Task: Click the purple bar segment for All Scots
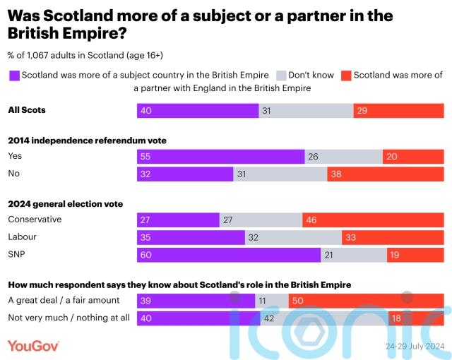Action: (x=197, y=110)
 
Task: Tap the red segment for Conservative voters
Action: (x=373, y=220)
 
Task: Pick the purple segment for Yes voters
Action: (x=220, y=157)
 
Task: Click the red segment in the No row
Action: (x=385, y=174)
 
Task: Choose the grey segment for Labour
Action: (x=293, y=237)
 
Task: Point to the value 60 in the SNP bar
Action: (x=146, y=254)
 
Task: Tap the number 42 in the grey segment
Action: (x=269, y=318)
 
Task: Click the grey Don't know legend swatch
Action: (x=280, y=76)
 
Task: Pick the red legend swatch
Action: (x=345, y=76)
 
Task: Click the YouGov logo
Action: (x=33, y=345)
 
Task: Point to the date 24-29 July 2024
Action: (x=414, y=347)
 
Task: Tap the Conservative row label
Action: (x=35, y=220)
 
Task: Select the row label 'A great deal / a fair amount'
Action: (x=64, y=301)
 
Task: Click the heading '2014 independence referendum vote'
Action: (x=87, y=140)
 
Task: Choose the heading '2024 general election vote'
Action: (x=65, y=204)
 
